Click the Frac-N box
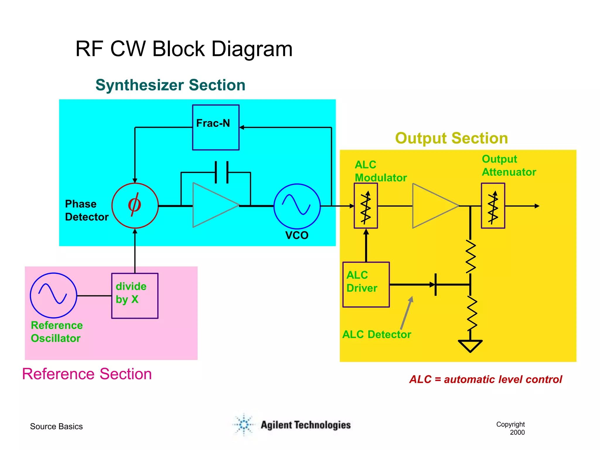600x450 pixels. pos(216,127)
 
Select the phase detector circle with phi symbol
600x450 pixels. pos(135,206)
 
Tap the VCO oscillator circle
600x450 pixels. pos(297,206)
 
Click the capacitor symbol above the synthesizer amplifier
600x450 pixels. pos(222,172)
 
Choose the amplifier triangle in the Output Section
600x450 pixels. pos(432,206)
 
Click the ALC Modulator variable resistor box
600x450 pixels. pos(366,206)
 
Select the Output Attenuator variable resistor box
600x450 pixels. pos(493,206)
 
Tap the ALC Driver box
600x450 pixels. pos(366,284)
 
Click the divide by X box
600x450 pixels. pos(135,296)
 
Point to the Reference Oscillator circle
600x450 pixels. pos(54,296)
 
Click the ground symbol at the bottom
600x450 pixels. pos(470,345)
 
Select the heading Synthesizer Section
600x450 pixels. pos(170,85)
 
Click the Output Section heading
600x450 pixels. pos(451,138)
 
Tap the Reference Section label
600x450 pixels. pos(87,374)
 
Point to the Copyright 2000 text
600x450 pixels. pos(511,428)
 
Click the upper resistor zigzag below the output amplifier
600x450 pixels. pos(470,256)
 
